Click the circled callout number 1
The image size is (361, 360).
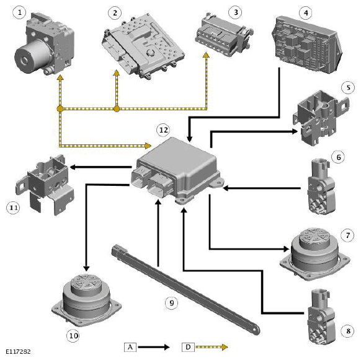pos(20,12)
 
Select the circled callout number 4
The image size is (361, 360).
pos(306,12)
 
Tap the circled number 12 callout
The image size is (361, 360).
pos(163,130)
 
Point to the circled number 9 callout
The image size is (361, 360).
pos(172,302)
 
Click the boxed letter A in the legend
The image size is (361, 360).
pos(130,347)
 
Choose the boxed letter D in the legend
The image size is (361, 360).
pos(188,347)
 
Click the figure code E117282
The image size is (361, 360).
pos(18,352)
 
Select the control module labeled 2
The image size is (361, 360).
pos(143,46)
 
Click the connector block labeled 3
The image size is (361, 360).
pos(224,35)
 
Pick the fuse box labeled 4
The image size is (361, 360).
pos(308,45)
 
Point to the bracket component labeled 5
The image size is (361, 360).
pos(321,117)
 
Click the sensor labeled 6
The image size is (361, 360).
pos(322,186)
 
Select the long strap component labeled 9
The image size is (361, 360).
pos(185,288)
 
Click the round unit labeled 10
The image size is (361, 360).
pos(87,300)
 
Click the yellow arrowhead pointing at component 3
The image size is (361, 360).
pos(206,55)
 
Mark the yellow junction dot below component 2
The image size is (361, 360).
pos(117,109)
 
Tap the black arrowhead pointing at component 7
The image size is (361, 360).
pos(286,249)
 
